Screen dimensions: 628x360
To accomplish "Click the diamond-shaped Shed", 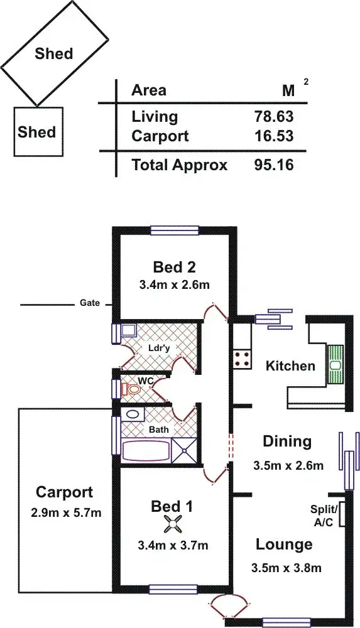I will coord(54,53).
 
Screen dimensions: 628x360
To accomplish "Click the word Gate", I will coord(90,303).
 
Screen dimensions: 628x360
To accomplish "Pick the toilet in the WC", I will coord(133,390).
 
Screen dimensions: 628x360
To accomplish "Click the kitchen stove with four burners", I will coord(243,359).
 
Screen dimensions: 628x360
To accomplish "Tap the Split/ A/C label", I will coord(324,514).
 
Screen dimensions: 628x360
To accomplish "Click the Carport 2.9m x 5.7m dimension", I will coord(64,513).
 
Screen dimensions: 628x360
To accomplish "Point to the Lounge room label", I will coord(283,544).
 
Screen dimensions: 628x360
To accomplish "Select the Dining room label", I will coord(286,441).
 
